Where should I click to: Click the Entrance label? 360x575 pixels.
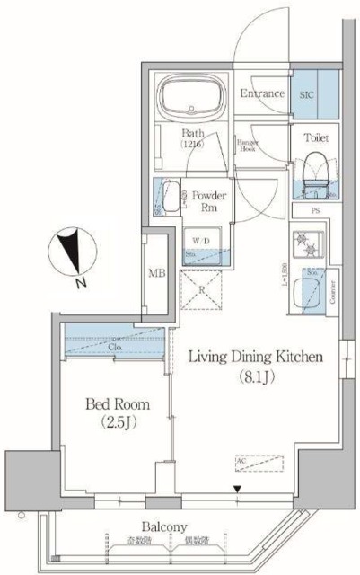(x=262, y=94)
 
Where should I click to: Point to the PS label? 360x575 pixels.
(x=315, y=212)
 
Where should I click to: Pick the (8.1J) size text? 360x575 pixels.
(x=256, y=376)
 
